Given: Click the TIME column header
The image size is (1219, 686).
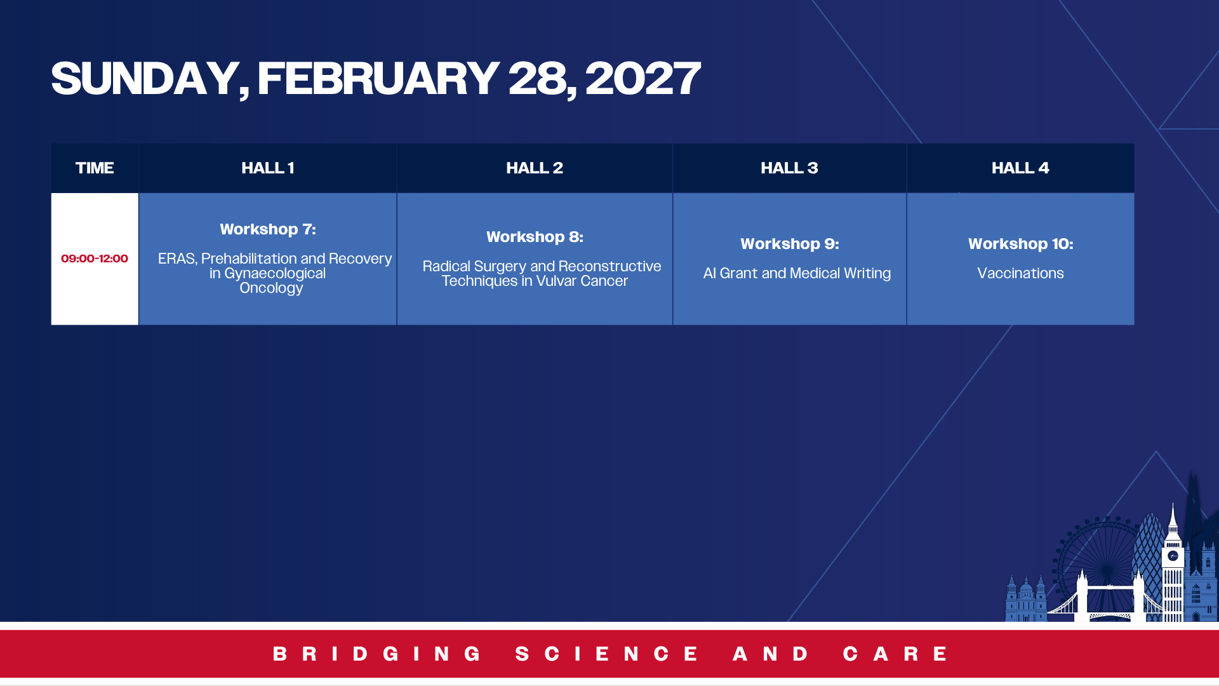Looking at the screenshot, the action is (x=95, y=168).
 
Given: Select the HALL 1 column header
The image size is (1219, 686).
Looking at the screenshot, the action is (x=267, y=168).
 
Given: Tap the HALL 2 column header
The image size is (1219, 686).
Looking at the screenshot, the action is (x=535, y=168).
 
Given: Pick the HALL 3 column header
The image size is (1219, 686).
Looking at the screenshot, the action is (x=789, y=168).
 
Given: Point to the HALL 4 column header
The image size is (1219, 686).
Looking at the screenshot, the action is (x=1020, y=168).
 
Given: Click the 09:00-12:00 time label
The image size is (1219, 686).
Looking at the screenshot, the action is (x=95, y=259).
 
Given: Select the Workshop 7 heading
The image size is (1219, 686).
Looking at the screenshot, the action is (x=268, y=229).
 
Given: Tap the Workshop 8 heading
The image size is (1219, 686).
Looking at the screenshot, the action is (x=535, y=237).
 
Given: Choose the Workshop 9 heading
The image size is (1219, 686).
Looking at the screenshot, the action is (x=790, y=244).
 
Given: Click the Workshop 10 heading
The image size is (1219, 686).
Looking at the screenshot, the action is (x=1021, y=244).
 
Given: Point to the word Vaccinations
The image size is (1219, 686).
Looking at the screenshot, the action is (x=1020, y=273).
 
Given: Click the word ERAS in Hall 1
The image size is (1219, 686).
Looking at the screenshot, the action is (x=177, y=259).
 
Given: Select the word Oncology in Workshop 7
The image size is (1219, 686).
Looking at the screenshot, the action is (x=271, y=288).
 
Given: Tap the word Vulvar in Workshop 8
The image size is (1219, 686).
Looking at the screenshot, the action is (x=556, y=281).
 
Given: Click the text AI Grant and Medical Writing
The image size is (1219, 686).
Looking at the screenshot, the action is (x=797, y=273).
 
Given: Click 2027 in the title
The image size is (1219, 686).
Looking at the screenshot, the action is (x=643, y=79).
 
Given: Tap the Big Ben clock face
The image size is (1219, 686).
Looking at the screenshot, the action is (x=1173, y=556).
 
